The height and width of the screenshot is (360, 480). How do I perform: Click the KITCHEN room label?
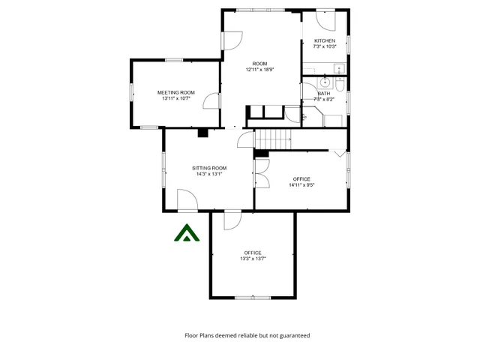click(324, 40)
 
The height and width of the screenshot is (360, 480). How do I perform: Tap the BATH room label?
click(324, 93)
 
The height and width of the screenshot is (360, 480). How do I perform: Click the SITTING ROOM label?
click(208, 168)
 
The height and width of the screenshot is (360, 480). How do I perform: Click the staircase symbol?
click(274, 138)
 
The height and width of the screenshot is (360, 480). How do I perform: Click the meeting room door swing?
click(213, 100)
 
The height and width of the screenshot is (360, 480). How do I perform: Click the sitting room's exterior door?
click(186, 200)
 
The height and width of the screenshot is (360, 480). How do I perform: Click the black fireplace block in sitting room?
click(202, 133)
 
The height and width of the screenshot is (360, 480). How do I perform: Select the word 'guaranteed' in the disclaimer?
click(293, 335)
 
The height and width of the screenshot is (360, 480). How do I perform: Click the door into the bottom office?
click(232, 218)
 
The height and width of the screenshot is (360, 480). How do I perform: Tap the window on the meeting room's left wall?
click(132, 91)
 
